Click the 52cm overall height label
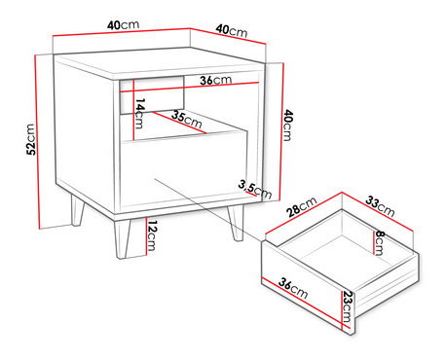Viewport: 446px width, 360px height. (30, 139)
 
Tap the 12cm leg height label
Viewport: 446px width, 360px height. (152, 235)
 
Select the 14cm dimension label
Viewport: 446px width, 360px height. (139, 113)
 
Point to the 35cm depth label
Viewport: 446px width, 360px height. (187, 119)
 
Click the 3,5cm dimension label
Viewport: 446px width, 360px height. (255, 190)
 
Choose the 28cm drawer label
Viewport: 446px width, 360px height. (302, 206)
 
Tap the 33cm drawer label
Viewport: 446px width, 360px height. (380, 206)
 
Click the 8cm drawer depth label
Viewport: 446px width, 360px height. (379, 242)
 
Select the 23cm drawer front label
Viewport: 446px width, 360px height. (347, 306)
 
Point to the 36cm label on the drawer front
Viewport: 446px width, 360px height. (293, 288)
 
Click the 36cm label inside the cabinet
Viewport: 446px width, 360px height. (215, 80)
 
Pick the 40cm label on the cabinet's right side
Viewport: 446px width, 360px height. (287, 126)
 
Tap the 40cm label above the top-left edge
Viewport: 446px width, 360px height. (123, 25)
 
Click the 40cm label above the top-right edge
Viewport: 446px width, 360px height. (232, 30)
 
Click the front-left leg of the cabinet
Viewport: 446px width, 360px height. (123, 239)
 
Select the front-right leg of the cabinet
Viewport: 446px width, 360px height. (236, 223)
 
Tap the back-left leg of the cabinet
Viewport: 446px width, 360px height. (78, 210)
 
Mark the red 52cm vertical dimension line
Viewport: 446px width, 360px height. (37, 142)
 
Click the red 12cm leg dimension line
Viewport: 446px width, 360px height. (147, 235)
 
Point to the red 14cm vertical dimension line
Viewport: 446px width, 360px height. (133, 109)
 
